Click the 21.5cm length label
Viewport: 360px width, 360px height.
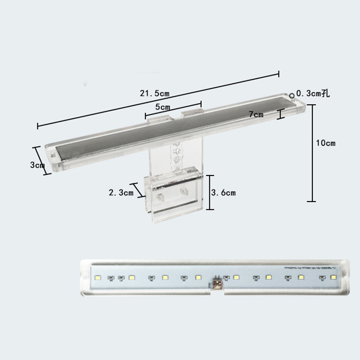pyautogui.click(x=154, y=94)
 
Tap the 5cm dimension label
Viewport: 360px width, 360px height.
pyautogui.click(x=162, y=107)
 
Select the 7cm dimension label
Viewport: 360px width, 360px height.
pyautogui.click(x=256, y=114)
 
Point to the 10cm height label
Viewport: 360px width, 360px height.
pyautogui.click(x=326, y=143)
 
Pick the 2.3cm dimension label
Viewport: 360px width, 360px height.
pyautogui.click(x=121, y=193)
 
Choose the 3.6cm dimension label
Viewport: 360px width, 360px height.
pyautogui.click(x=224, y=193)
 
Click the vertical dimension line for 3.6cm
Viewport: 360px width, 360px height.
pyautogui.click(x=208, y=192)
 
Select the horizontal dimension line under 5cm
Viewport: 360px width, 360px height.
pyautogui.click(x=173, y=112)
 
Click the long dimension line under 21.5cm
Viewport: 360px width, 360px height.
pyautogui.click(x=157, y=99)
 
